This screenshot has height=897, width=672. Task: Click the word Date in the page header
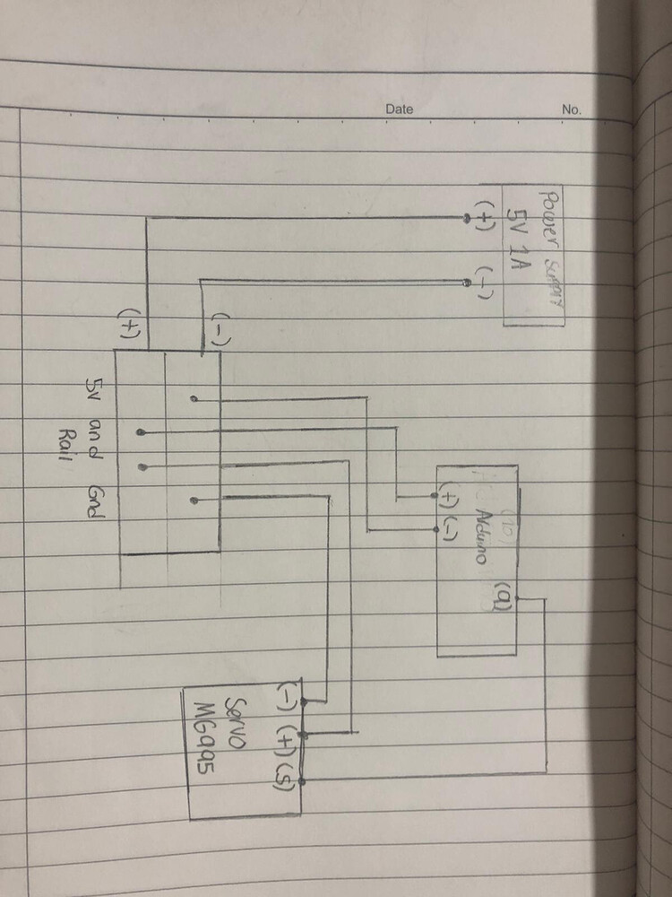(400, 109)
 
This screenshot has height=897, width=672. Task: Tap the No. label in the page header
(572, 109)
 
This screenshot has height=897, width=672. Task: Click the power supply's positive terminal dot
(466, 220)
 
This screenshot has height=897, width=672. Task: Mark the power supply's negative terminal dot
(466, 283)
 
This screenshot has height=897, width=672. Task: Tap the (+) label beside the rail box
(132, 324)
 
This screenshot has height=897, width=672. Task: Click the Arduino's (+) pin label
(445, 496)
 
